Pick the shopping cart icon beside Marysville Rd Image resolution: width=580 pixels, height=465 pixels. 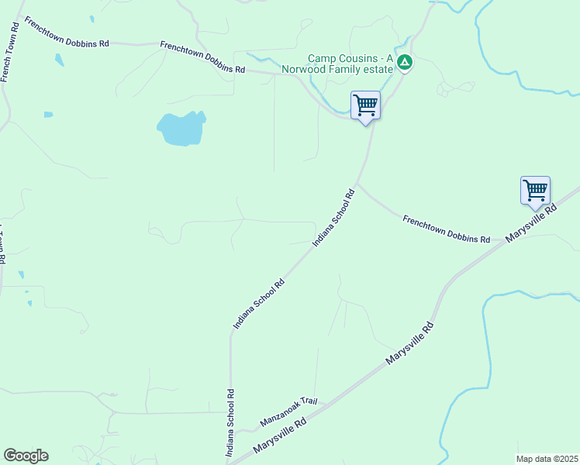535,190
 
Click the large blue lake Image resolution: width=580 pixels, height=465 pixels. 181,129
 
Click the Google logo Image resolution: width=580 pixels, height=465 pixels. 26,456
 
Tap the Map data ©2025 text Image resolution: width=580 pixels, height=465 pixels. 547,459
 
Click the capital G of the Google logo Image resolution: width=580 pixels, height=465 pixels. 10,456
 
